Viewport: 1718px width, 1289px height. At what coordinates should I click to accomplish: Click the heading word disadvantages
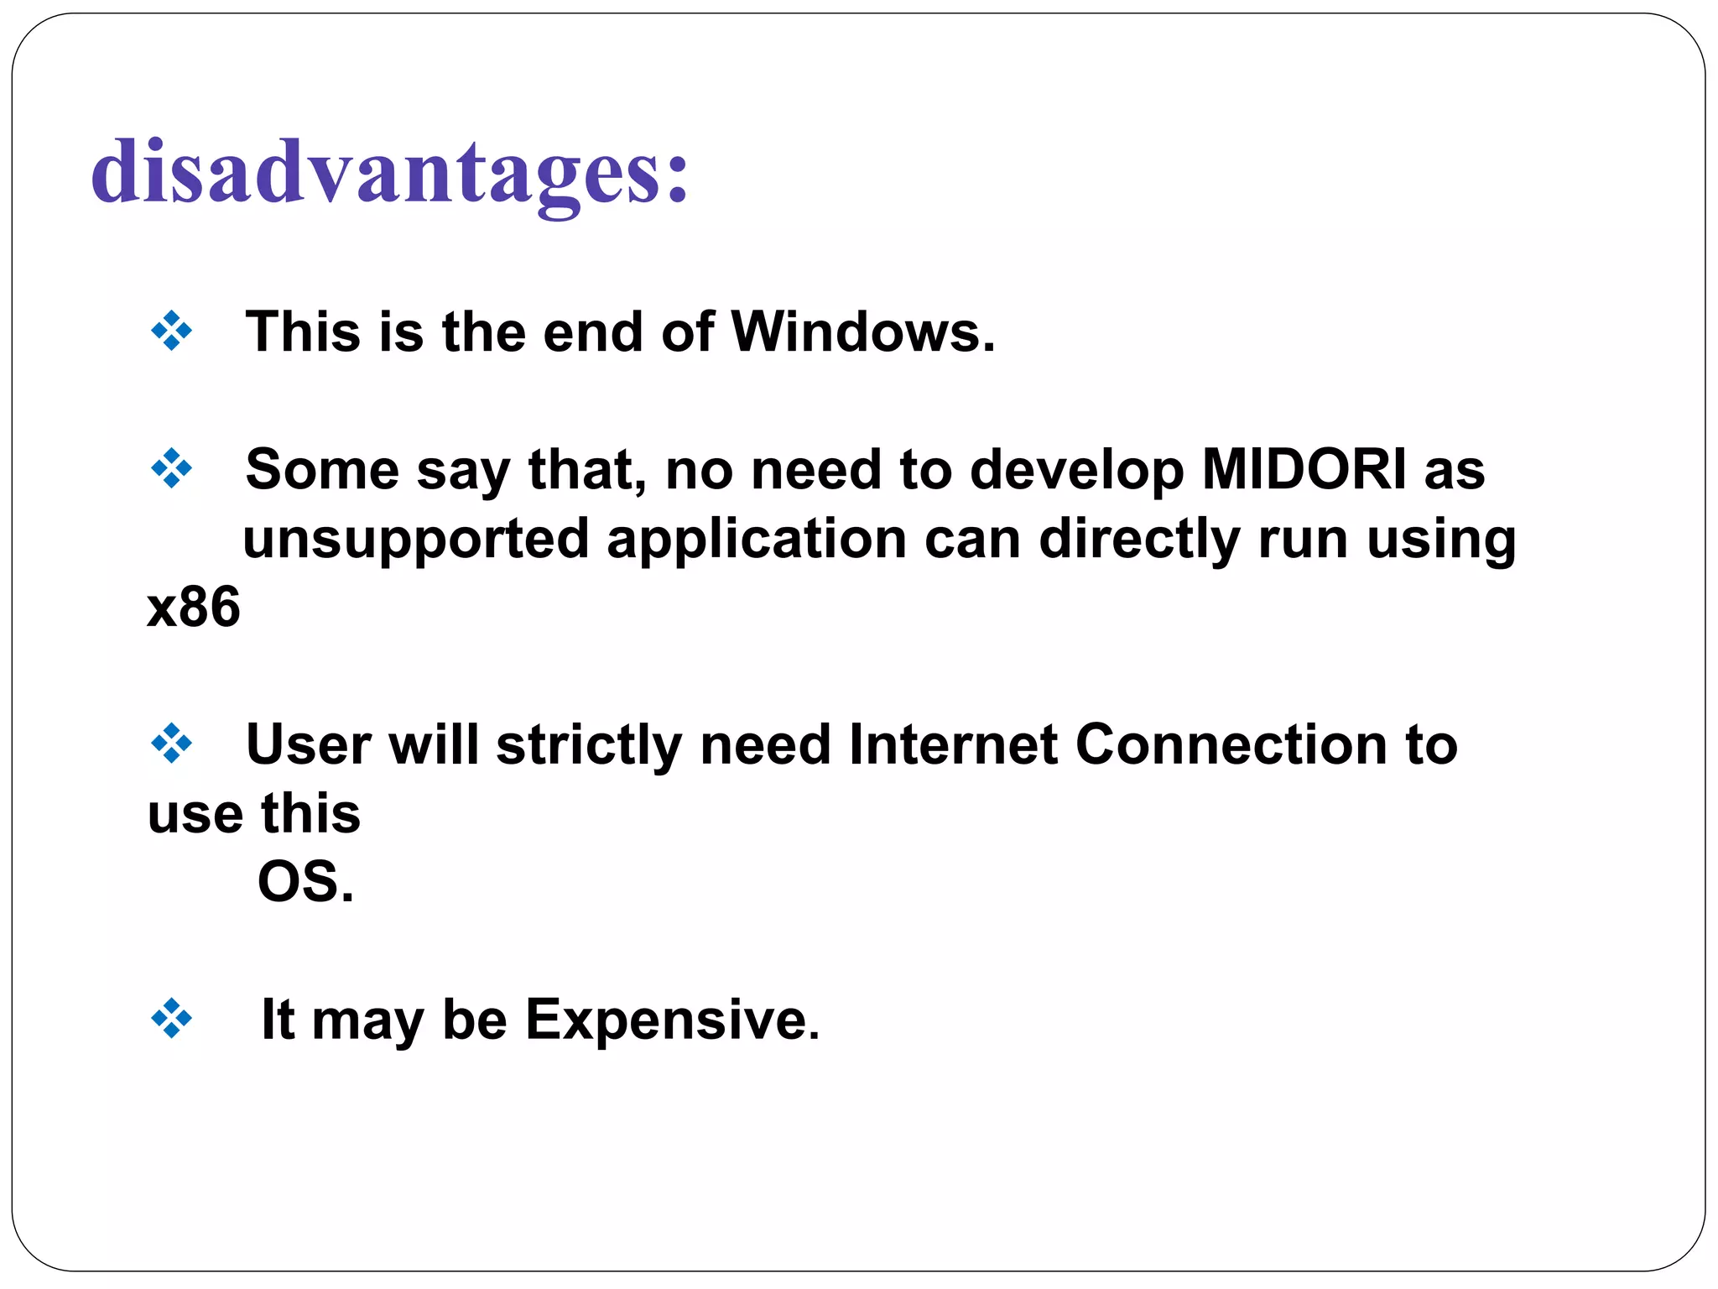tap(389, 172)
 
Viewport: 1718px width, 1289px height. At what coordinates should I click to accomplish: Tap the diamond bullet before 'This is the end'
tap(171, 331)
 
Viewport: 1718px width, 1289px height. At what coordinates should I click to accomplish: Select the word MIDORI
tap(1303, 469)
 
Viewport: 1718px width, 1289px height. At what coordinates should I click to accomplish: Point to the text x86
tap(194, 608)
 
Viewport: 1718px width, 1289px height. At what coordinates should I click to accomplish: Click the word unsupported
tap(415, 539)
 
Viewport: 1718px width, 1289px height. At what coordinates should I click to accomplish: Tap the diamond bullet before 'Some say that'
tap(171, 468)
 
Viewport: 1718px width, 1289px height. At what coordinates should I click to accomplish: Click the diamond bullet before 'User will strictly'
tap(171, 744)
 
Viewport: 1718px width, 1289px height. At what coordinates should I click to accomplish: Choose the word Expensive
tap(672, 1020)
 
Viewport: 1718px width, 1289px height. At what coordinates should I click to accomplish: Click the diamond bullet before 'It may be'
tap(171, 1019)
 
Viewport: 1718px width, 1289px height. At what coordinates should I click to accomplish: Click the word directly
tap(1140, 539)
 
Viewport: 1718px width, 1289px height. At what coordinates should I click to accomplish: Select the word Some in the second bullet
tap(322, 469)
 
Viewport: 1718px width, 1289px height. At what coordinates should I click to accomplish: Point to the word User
tap(308, 744)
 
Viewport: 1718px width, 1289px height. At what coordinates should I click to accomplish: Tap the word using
tap(1441, 539)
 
